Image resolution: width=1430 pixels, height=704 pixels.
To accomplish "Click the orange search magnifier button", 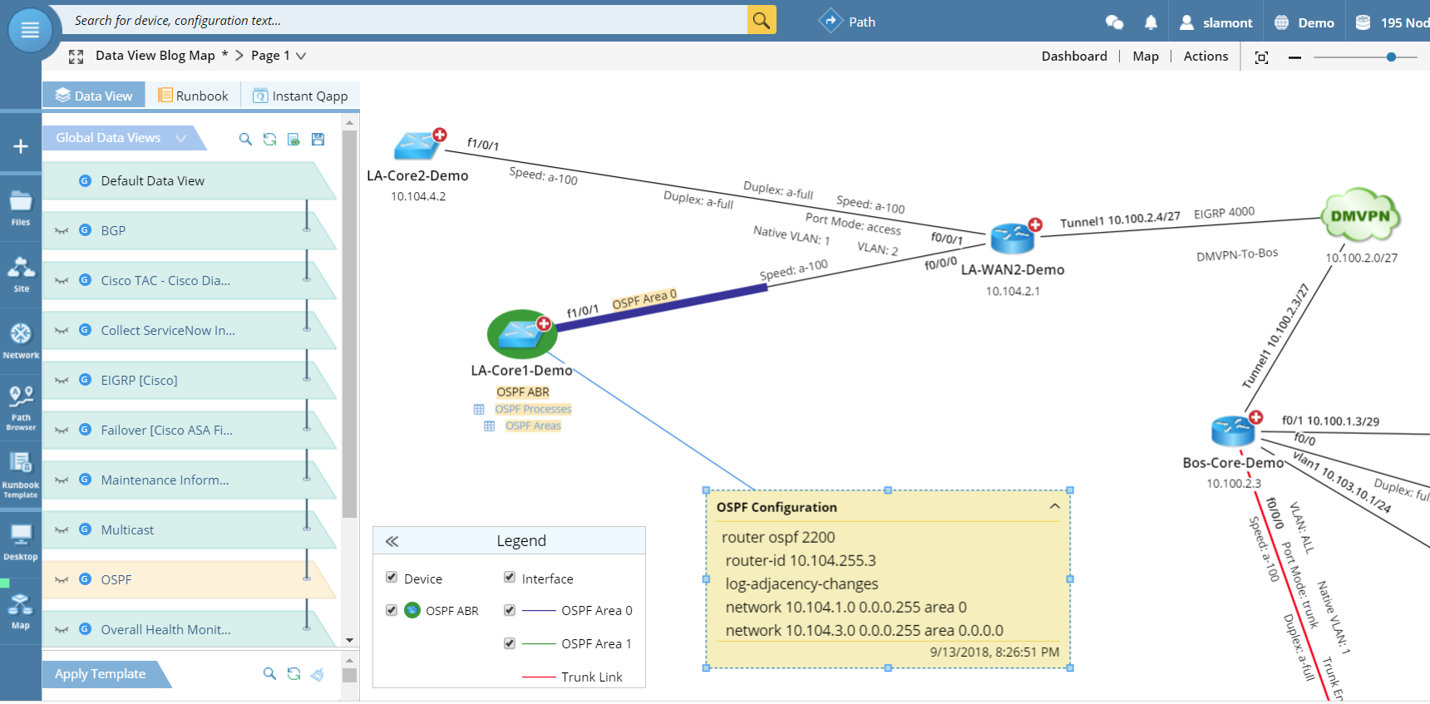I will coord(761,20).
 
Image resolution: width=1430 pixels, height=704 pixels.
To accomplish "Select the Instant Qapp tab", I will coord(300,96).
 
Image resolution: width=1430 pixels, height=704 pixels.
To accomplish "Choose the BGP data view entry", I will coord(113,230).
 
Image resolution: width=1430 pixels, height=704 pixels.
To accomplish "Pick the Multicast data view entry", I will coord(127,529).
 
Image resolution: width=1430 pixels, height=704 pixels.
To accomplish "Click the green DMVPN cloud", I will coord(1359,216).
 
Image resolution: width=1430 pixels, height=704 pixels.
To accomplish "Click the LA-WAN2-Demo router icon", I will coord(1012,238).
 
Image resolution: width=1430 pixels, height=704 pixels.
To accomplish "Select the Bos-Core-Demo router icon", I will coord(1233,431).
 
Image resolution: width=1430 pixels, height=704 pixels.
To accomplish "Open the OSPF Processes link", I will coord(533,409).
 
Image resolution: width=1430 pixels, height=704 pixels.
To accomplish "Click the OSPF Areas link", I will coord(533,426).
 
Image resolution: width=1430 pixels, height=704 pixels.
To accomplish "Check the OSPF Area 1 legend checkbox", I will coord(510,643).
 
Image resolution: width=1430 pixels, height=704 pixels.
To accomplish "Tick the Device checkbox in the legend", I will coord(392,578).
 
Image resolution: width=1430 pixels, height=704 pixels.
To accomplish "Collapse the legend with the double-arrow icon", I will coord(392,541).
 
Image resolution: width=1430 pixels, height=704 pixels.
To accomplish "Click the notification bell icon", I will coord(1151,22).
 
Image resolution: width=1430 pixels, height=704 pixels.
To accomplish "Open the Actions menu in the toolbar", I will coord(1206,56).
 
